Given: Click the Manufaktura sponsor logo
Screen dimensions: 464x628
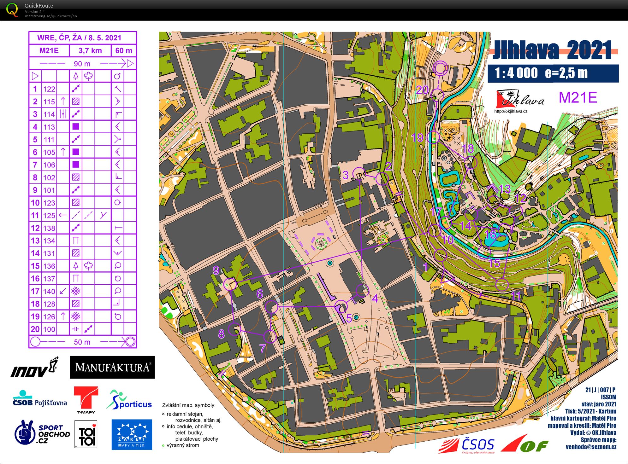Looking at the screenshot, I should [x=112, y=367].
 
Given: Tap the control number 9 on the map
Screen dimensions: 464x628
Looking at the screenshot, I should [x=216, y=270].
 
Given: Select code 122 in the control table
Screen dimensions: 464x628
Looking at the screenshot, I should [x=49, y=89].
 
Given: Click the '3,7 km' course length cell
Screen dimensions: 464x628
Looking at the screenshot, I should [x=90, y=50].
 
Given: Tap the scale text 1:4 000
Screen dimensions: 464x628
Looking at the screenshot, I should [x=516, y=73].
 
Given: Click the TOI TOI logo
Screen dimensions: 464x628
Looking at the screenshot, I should [x=86, y=434].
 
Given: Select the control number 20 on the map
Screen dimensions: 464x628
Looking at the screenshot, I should [x=422, y=90].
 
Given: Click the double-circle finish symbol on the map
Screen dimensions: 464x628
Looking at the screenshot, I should [x=441, y=67].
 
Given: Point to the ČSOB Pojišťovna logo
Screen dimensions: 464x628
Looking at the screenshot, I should [x=40, y=399].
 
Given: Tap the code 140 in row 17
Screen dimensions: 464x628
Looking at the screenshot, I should [x=49, y=292].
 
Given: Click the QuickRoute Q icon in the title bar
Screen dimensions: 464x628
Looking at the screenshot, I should [x=12, y=10].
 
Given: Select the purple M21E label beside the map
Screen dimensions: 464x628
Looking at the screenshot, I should [x=578, y=97].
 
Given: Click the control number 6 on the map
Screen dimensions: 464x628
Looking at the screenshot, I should [x=260, y=294].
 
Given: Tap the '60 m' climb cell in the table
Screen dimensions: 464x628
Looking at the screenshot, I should [x=124, y=50].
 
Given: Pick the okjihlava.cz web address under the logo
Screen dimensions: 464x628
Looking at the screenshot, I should [x=511, y=111].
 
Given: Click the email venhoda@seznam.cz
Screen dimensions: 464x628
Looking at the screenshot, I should [x=591, y=447].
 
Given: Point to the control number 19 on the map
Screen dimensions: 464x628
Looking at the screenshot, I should [x=417, y=138].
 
